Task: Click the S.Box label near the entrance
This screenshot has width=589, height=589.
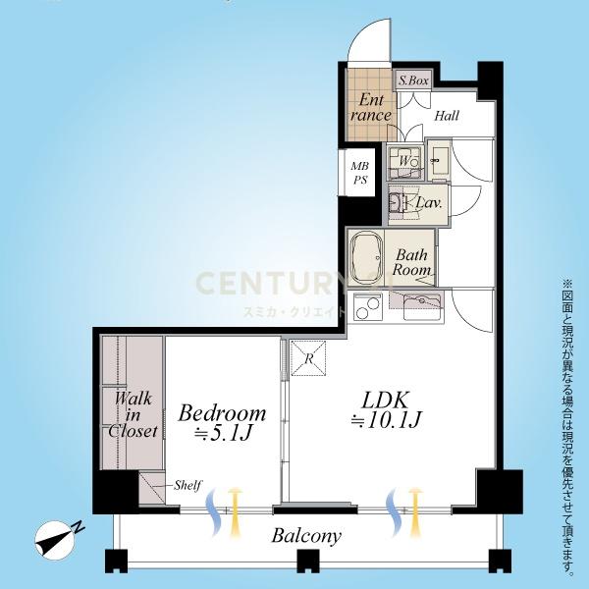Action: point(413,80)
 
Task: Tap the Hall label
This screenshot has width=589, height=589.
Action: point(447,115)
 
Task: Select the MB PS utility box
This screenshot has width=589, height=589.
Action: point(360,173)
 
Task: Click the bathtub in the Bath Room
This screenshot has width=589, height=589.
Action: point(365,257)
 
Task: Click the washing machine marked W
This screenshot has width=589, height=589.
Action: point(404,162)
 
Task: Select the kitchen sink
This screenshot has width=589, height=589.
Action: point(422,306)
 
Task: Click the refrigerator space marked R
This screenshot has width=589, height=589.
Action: point(308,358)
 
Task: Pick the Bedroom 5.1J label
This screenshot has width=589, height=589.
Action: point(222,423)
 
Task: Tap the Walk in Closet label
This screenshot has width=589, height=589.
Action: point(133,414)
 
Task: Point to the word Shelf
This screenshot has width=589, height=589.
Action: point(187,485)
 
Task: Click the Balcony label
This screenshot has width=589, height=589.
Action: point(306,536)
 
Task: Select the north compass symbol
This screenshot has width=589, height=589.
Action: point(56,540)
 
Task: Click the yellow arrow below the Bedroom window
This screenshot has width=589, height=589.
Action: point(235,510)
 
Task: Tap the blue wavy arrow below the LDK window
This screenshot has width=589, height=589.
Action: point(394,511)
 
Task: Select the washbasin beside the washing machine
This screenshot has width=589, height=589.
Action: point(439,159)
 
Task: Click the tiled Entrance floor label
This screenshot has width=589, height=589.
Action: point(371,107)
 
